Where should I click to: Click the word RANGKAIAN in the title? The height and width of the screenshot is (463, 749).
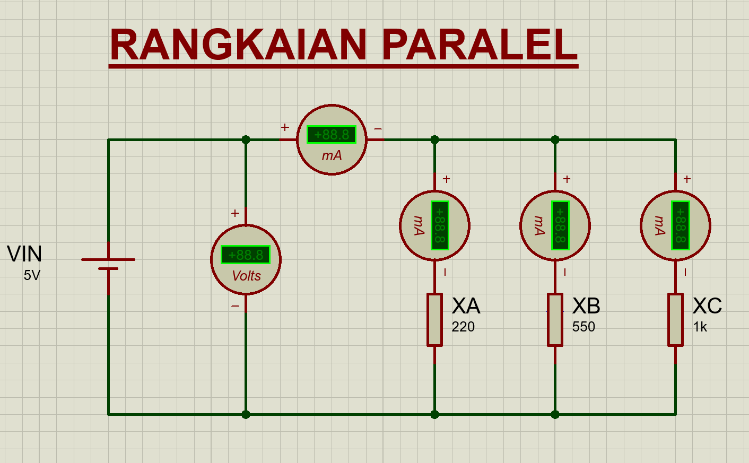238,45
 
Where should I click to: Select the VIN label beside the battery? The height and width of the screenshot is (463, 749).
24,254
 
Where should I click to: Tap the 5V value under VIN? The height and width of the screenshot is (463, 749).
32,275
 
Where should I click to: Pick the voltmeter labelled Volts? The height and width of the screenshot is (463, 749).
246,260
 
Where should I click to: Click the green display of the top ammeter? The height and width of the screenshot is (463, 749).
332,135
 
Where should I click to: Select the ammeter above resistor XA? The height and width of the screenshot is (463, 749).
434,225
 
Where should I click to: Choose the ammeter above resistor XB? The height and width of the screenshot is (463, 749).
555,225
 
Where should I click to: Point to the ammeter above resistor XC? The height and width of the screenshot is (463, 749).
675,225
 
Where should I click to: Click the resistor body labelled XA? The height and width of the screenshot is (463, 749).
434,320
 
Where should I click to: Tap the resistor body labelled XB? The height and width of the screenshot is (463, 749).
555,320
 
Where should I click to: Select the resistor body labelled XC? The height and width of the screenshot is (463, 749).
675,320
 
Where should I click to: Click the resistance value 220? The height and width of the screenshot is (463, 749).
463,327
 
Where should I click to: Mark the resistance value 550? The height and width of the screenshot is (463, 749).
583,327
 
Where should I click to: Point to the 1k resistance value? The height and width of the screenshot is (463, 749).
700,327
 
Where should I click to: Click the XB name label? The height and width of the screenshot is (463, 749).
586,306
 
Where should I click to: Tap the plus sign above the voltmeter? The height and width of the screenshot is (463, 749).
235,213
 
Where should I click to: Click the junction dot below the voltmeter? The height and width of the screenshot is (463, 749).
246,414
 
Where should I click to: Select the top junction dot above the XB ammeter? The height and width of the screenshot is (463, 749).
555,139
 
